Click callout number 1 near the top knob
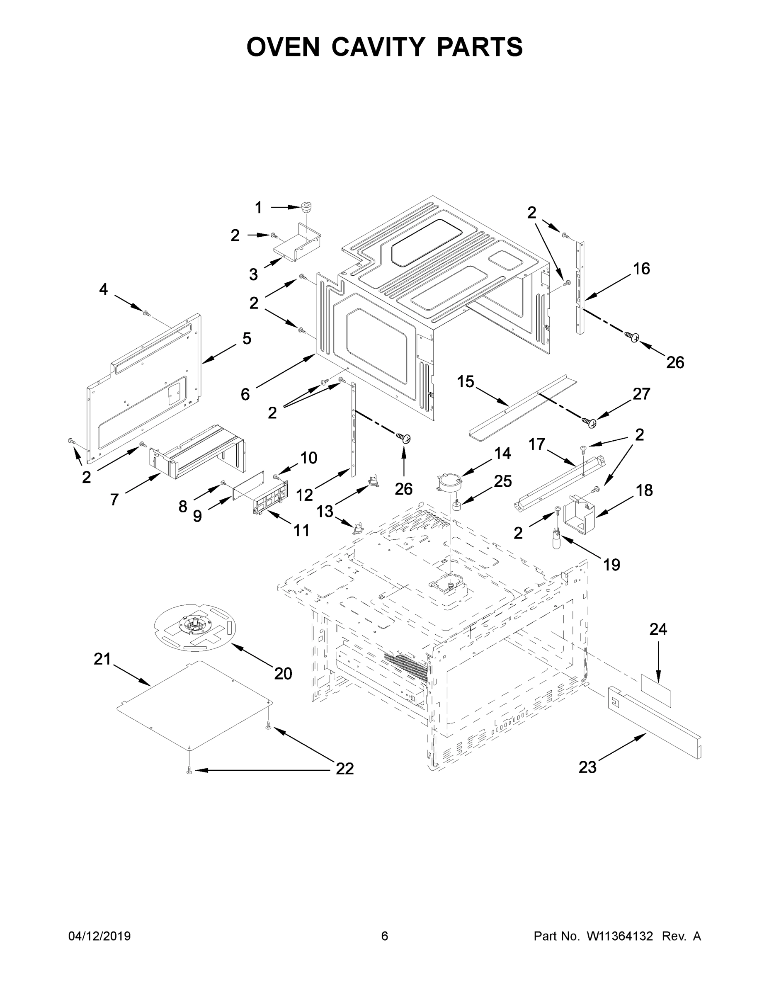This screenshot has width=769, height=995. (x=258, y=208)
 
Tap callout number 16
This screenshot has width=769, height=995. (x=641, y=269)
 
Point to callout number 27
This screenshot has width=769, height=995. (x=641, y=393)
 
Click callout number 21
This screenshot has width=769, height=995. (x=102, y=659)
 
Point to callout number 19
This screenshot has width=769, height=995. (x=611, y=565)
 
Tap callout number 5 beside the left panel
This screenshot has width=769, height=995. (x=247, y=338)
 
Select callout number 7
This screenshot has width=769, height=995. (x=114, y=500)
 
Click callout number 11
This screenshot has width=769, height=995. (x=301, y=530)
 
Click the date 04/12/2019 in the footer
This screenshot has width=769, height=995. (x=99, y=936)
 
